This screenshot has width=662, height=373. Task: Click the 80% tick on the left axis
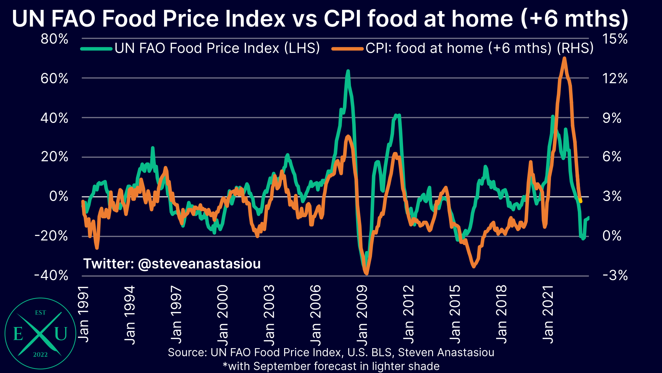point(54,39)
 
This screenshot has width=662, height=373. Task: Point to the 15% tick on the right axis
point(615,39)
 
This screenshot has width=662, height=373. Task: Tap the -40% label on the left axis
point(51,276)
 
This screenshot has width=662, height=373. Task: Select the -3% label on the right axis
point(615,276)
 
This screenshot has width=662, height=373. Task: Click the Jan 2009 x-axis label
point(362,315)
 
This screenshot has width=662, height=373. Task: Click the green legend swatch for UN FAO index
point(97,49)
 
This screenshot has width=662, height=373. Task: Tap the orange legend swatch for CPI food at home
point(348,49)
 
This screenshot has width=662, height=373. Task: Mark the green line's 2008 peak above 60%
point(348,71)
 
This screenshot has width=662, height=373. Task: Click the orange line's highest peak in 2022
point(564,58)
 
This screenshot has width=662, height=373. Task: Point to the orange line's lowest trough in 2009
point(366,274)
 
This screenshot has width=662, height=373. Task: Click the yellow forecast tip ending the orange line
point(581,201)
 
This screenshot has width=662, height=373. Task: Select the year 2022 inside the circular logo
point(40,355)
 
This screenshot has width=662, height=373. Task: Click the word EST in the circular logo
point(40,313)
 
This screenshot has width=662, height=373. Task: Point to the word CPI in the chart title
point(343,19)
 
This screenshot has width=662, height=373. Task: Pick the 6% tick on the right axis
point(612,157)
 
